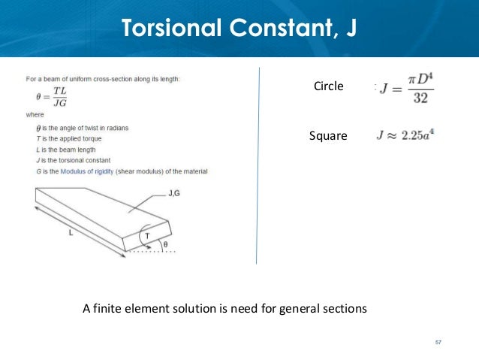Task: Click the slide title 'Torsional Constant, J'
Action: coord(239,28)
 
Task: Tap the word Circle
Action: coord(327,86)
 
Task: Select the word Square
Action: coord(328,136)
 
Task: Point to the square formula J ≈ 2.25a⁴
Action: coord(405,136)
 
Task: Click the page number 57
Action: coord(438,343)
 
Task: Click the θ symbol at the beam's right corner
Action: coord(167,244)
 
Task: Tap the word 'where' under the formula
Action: coord(35,116)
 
